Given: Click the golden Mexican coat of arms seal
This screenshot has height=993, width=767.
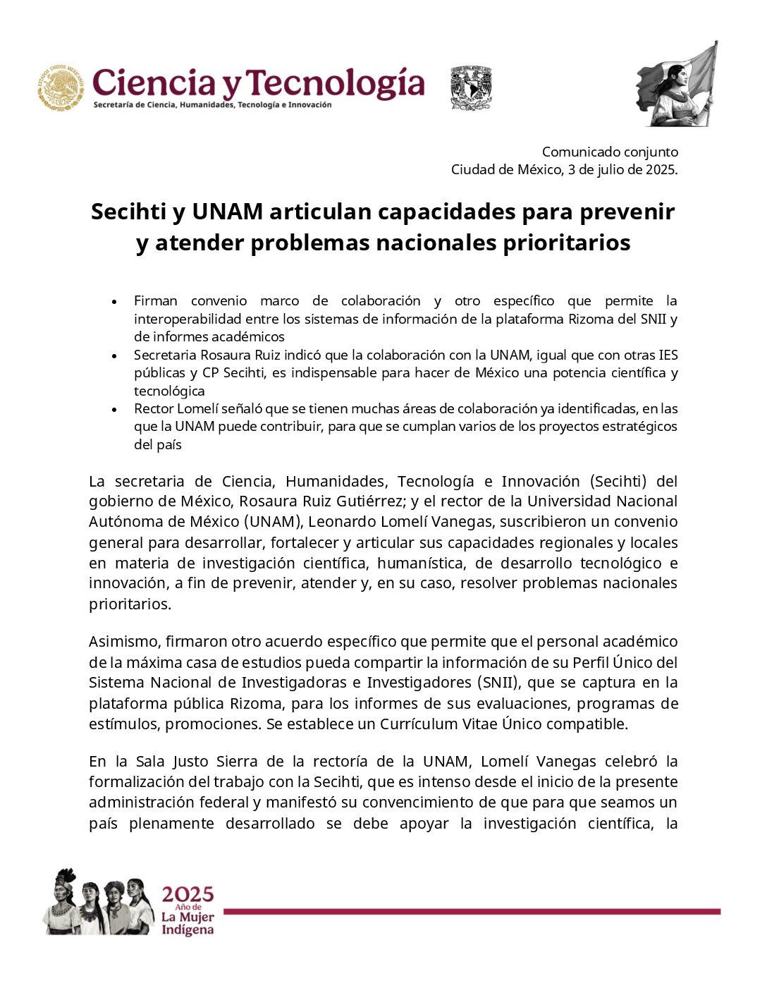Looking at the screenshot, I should click(x=61, y=87).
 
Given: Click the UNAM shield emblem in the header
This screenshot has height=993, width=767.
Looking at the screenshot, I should click(x=470, y=87).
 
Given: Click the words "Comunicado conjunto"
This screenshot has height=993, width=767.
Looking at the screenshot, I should click(x=610, y=152).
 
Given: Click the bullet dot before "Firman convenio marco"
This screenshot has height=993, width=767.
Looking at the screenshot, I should click(x=114, y=301).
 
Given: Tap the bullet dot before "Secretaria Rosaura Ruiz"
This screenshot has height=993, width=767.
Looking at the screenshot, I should click(x=114, y=355).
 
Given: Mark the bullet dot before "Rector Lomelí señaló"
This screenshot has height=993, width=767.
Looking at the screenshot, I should click(x=114, y=409).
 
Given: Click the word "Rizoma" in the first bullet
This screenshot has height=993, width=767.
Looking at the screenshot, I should click(x=589, y=319).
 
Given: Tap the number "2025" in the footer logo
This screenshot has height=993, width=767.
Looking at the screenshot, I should click(x=188, y=894).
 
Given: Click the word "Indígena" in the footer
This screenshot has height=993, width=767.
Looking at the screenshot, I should click(x=187, y=930).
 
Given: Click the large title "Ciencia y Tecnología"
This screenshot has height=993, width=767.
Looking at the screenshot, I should click(x=258, y=83).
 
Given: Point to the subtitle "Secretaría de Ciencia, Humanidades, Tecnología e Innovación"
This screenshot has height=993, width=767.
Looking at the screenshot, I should click(x=212, y=105).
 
